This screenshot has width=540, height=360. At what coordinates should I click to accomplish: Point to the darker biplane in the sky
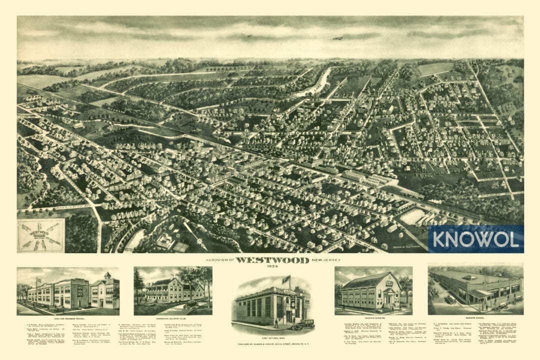tap(337, 38)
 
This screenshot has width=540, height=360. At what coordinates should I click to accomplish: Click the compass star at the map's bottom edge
tap(201, 243)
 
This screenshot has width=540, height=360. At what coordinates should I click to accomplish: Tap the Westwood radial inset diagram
tap(40, 235)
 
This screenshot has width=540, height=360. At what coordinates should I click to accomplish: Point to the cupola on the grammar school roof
tap(107, 275)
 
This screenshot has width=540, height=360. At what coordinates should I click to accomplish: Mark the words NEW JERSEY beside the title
tap(311, 260)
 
